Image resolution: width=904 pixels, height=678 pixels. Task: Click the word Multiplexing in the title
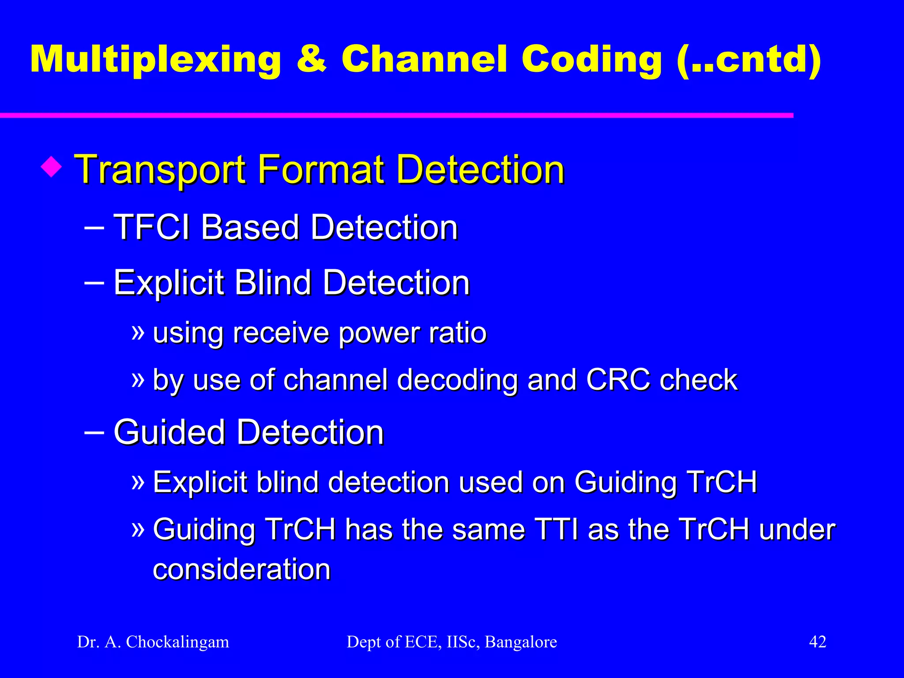pos(155,60)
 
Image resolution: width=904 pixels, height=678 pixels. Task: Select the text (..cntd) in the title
pos(749,60)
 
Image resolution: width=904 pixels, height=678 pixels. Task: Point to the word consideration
pos(241,569)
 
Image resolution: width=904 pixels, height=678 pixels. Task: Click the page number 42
pos(817,641)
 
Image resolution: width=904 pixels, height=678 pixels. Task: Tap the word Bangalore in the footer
pos(521,642)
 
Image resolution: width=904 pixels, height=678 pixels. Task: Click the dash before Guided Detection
pos(94,432)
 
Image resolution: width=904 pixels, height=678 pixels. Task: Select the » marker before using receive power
pos(138,332)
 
